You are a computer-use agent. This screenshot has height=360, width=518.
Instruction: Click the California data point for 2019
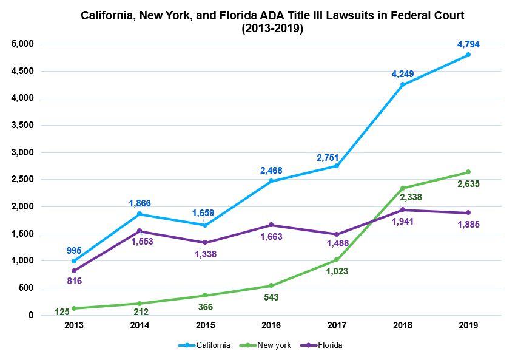(x=468, y=55)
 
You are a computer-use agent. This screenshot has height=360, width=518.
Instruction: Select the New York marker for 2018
(x=402, y=188)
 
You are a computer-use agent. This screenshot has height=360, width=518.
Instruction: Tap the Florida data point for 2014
(x=140, y=231)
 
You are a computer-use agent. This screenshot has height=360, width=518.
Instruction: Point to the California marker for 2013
(x=74, y=261)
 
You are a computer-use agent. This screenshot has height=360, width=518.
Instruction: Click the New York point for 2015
(x=205, y=296)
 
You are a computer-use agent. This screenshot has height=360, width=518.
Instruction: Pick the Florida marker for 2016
(x=271, y=225)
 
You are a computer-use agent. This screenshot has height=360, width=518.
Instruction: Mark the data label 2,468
(x=271, y=171)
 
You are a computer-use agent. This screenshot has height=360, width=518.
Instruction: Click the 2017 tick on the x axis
(x=337, y=325)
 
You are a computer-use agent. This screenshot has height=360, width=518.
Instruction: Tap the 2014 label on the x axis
(x=140, y=325)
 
